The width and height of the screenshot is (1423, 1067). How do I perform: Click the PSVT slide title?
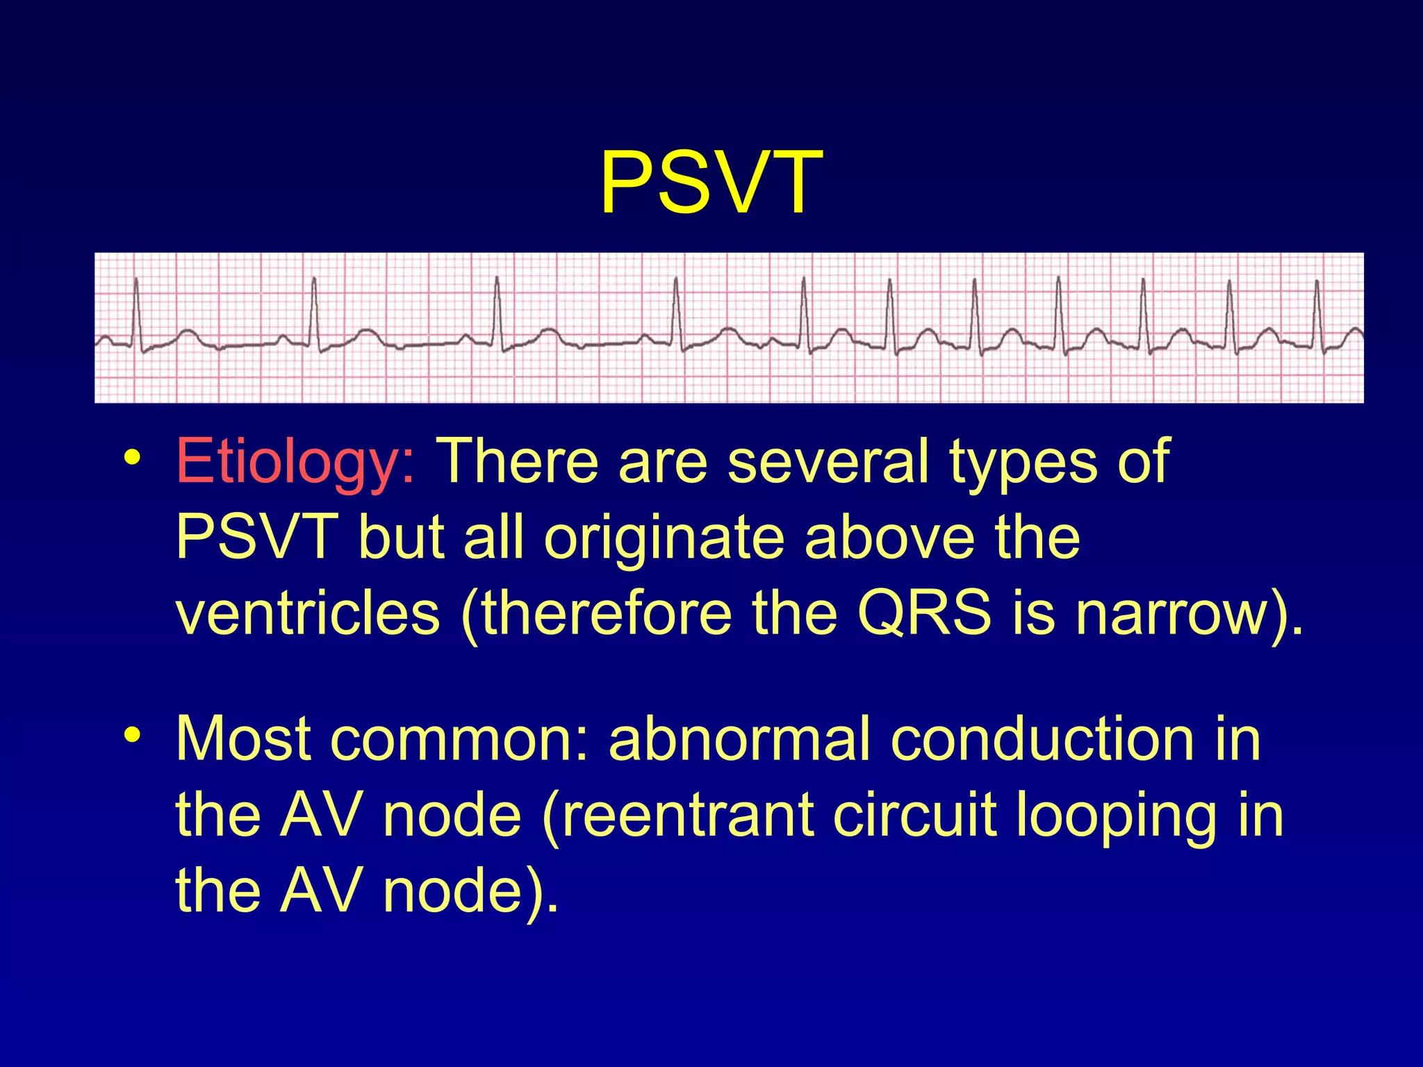pos(711,183)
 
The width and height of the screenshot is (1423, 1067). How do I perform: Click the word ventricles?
pos(308,613)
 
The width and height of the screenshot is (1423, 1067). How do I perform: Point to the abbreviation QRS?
pos(924,613)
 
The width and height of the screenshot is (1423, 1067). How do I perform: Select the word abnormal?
pos(739,739)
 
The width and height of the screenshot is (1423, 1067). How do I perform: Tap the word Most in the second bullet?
pos(243,739)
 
